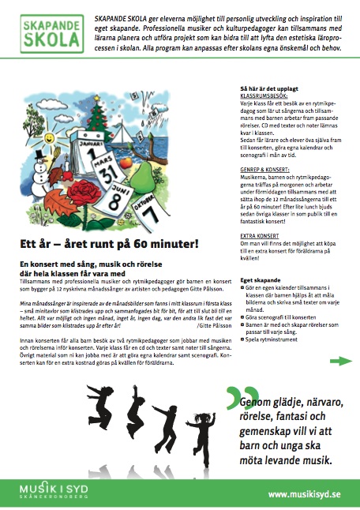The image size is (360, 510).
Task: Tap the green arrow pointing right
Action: [340, 361]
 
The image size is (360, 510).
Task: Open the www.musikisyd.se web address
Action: [304, 494]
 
